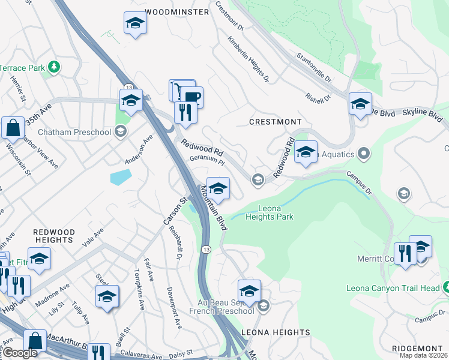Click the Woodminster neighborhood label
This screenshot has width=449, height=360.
tap(177, 11)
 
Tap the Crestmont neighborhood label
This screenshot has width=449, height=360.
tap(276, 122)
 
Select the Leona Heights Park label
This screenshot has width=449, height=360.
tap(270, 212)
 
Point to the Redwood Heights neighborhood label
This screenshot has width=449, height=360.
tap(53, 236)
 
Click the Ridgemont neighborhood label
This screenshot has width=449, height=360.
tap(419, 349)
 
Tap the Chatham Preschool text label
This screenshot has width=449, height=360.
tap(74, 131)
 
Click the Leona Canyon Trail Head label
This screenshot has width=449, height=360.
tap(393, 289)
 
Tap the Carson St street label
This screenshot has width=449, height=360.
tap(172, 211)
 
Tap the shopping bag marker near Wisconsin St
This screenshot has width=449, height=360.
tap(13, 127)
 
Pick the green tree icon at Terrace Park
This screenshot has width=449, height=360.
tap(54, 66)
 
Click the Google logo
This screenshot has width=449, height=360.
tap(20, 353)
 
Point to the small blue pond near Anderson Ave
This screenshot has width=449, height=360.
tap(121, 176)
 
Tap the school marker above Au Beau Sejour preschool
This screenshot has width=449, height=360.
tap(249, 291)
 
